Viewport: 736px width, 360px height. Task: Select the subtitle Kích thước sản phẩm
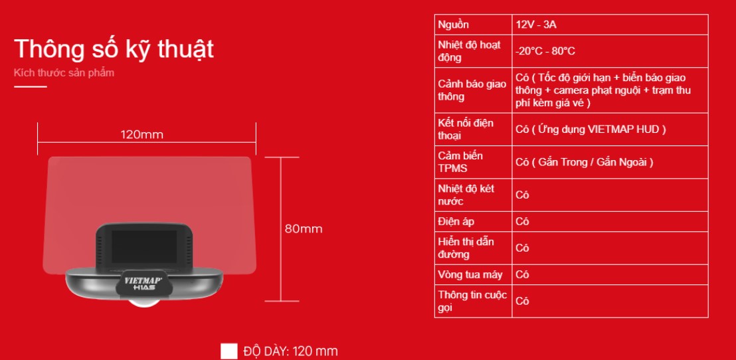click(x=64, y=73)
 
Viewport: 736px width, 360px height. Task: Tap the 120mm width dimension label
click(x=141, y=135)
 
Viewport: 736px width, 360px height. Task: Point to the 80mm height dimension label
click(x=303, y=229)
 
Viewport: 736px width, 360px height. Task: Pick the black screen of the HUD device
click(x=144, y=246)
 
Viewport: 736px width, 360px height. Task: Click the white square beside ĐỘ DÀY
click(x=229, y=351)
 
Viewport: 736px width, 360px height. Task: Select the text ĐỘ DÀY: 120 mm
click(x=290, y=351)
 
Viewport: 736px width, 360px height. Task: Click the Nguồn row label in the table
click(x=453, y=25)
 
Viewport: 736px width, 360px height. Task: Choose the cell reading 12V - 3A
click(x=535, y=25)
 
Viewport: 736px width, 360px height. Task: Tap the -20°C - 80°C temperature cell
click(x=545, y=51)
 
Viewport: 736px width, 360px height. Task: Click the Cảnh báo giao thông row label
click(x=472, y=90)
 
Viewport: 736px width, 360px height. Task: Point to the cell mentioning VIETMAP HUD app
click(x=591, y=130)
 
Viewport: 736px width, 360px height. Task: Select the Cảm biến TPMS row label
click(x=454, y=162)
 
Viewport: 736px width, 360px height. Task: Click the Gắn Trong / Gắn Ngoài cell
click(x=585, y=163)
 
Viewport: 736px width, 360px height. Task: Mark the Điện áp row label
click(x=456, y=222)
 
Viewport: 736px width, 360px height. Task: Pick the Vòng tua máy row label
click(x=470, y=274)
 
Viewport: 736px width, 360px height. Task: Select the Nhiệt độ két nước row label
click(x=466, y=195)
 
